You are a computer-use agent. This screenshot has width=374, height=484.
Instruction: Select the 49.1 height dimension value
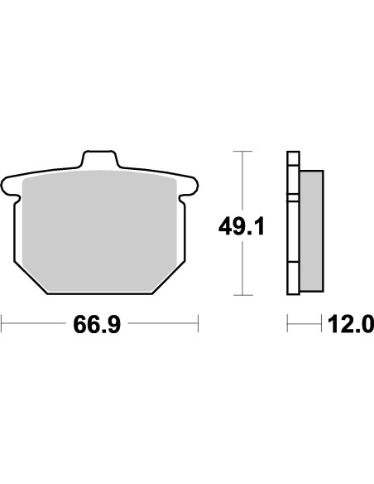pyautogui.click(x=241, y=225)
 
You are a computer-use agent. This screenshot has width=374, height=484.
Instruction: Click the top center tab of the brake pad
pyautogui.click(x=98, y=157)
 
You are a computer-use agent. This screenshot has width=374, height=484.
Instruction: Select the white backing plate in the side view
pyautogui.click(x=291, y=224)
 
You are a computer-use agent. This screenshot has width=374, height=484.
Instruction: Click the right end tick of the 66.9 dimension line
pyautogui.click(x=198, y=324)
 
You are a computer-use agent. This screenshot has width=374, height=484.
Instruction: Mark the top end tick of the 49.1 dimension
pyautogui.click(x=241, y=152)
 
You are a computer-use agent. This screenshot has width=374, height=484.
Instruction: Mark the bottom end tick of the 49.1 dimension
pyautogui.click(x=241, y=295)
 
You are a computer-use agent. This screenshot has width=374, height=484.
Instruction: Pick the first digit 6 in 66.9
pyautogui.click(x=82, y=324)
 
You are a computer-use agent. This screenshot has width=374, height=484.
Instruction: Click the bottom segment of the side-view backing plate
pyautogui.click(x=291, y=278)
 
